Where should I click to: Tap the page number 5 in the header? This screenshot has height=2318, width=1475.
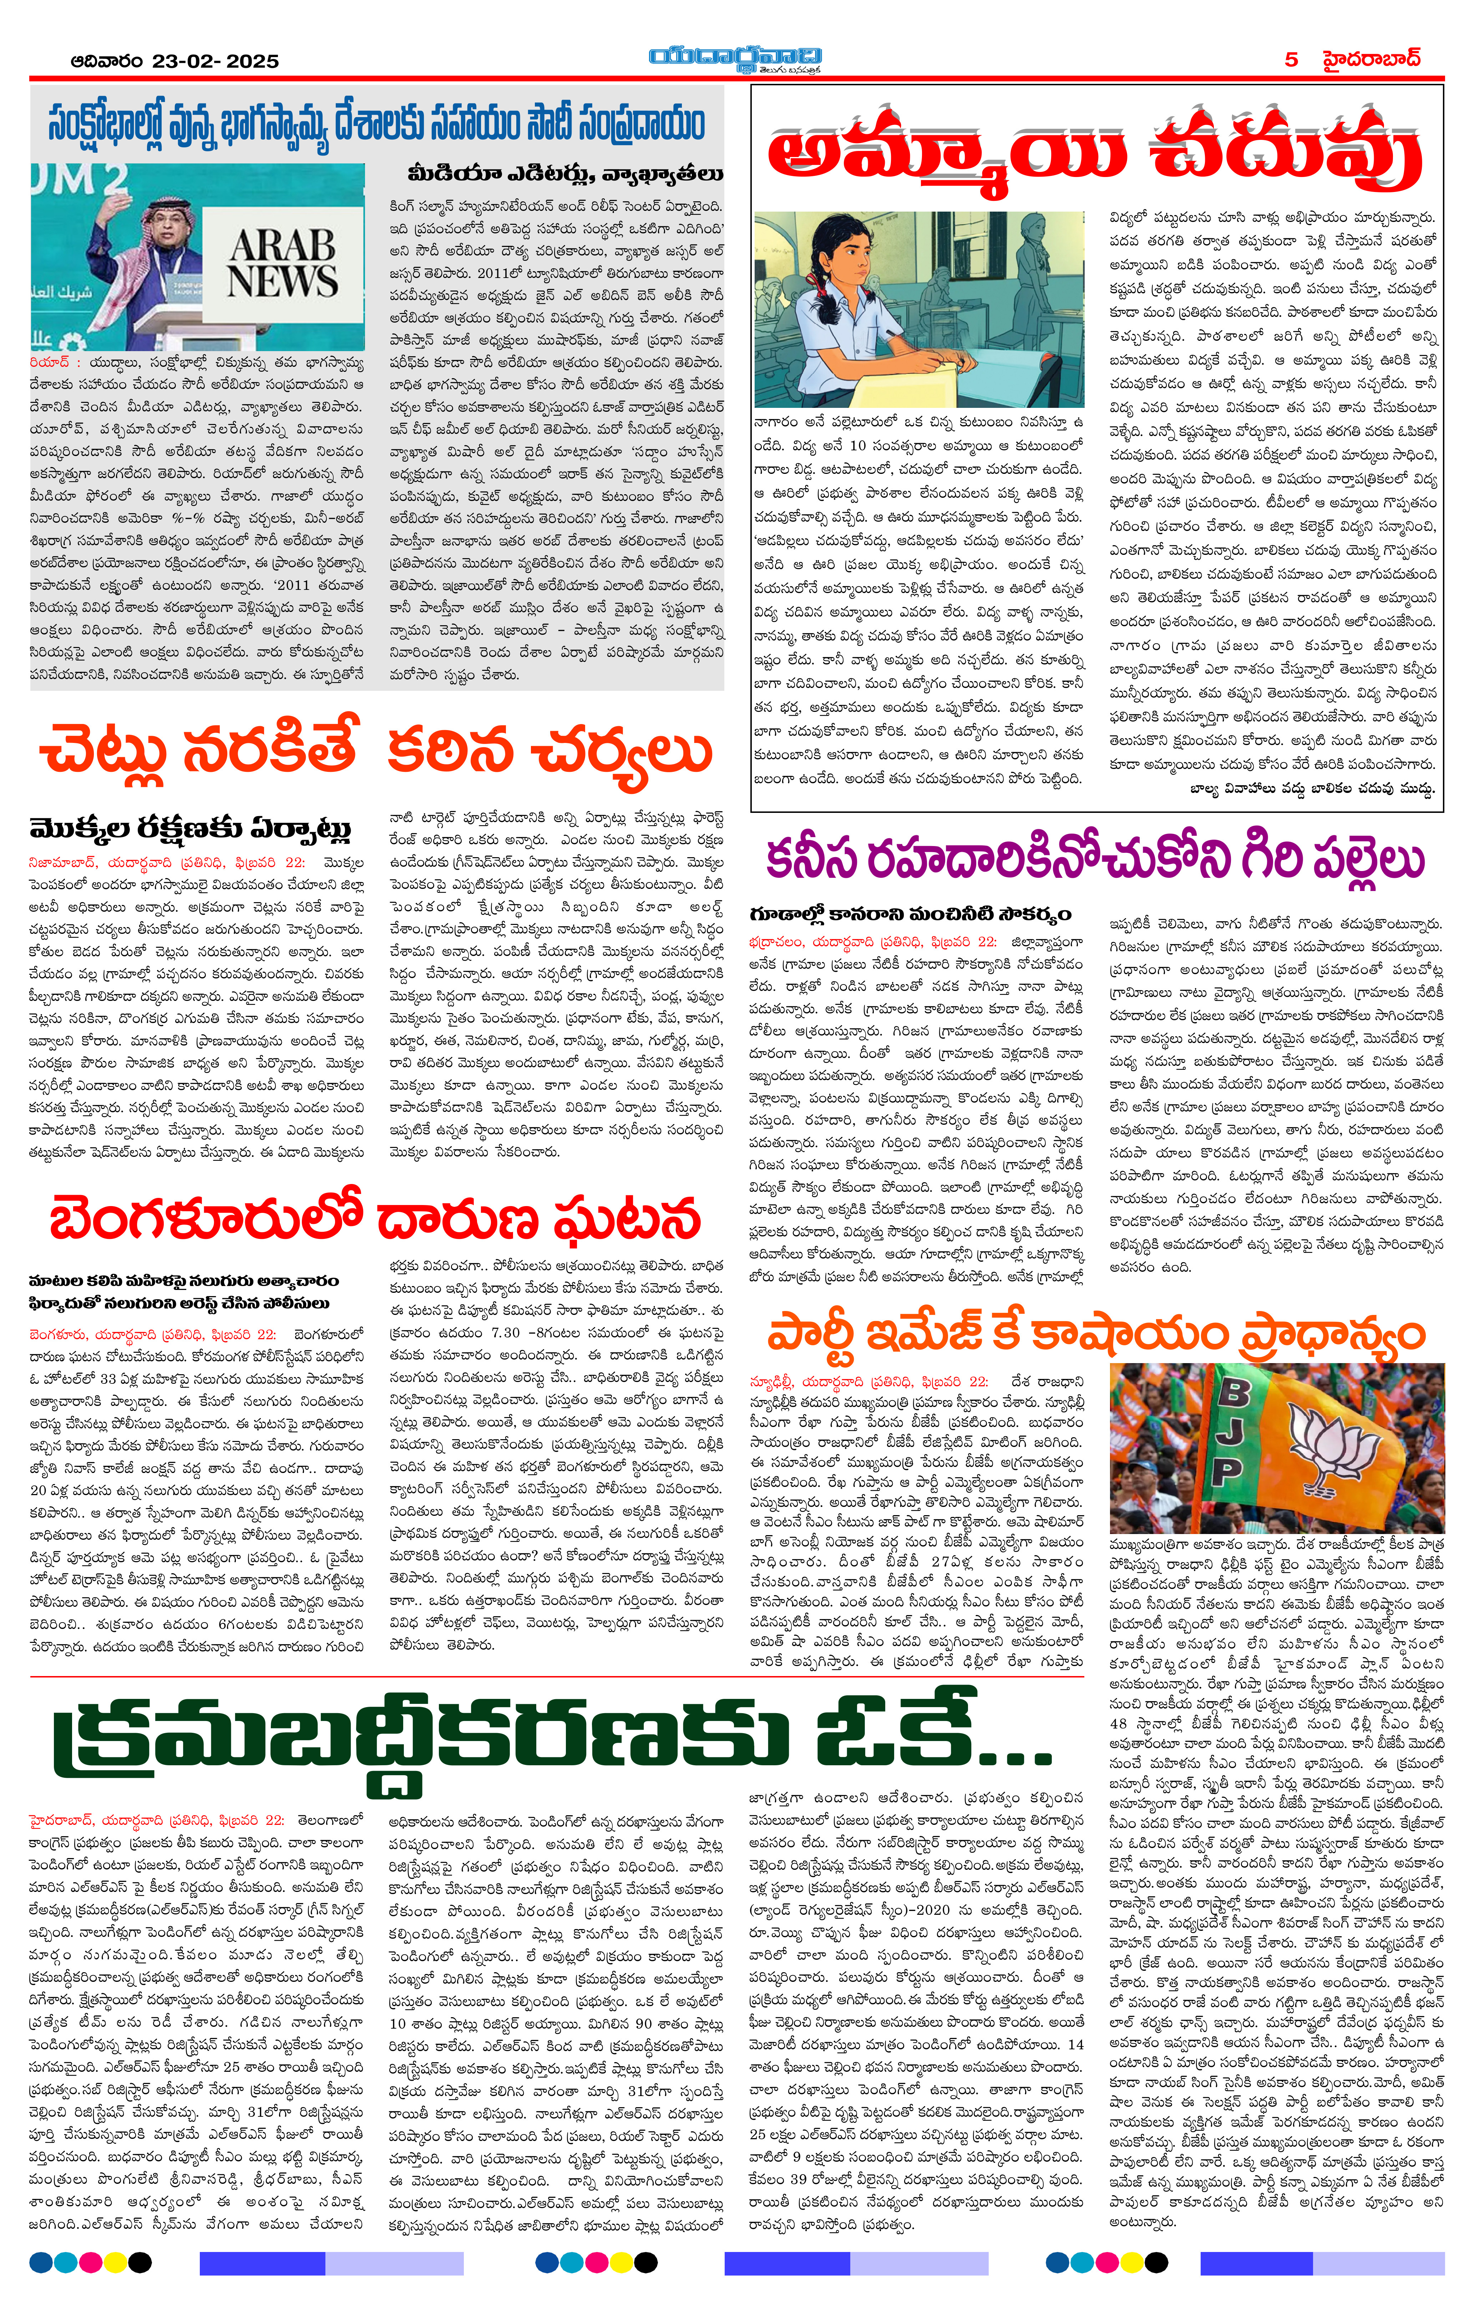[1291, 60]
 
